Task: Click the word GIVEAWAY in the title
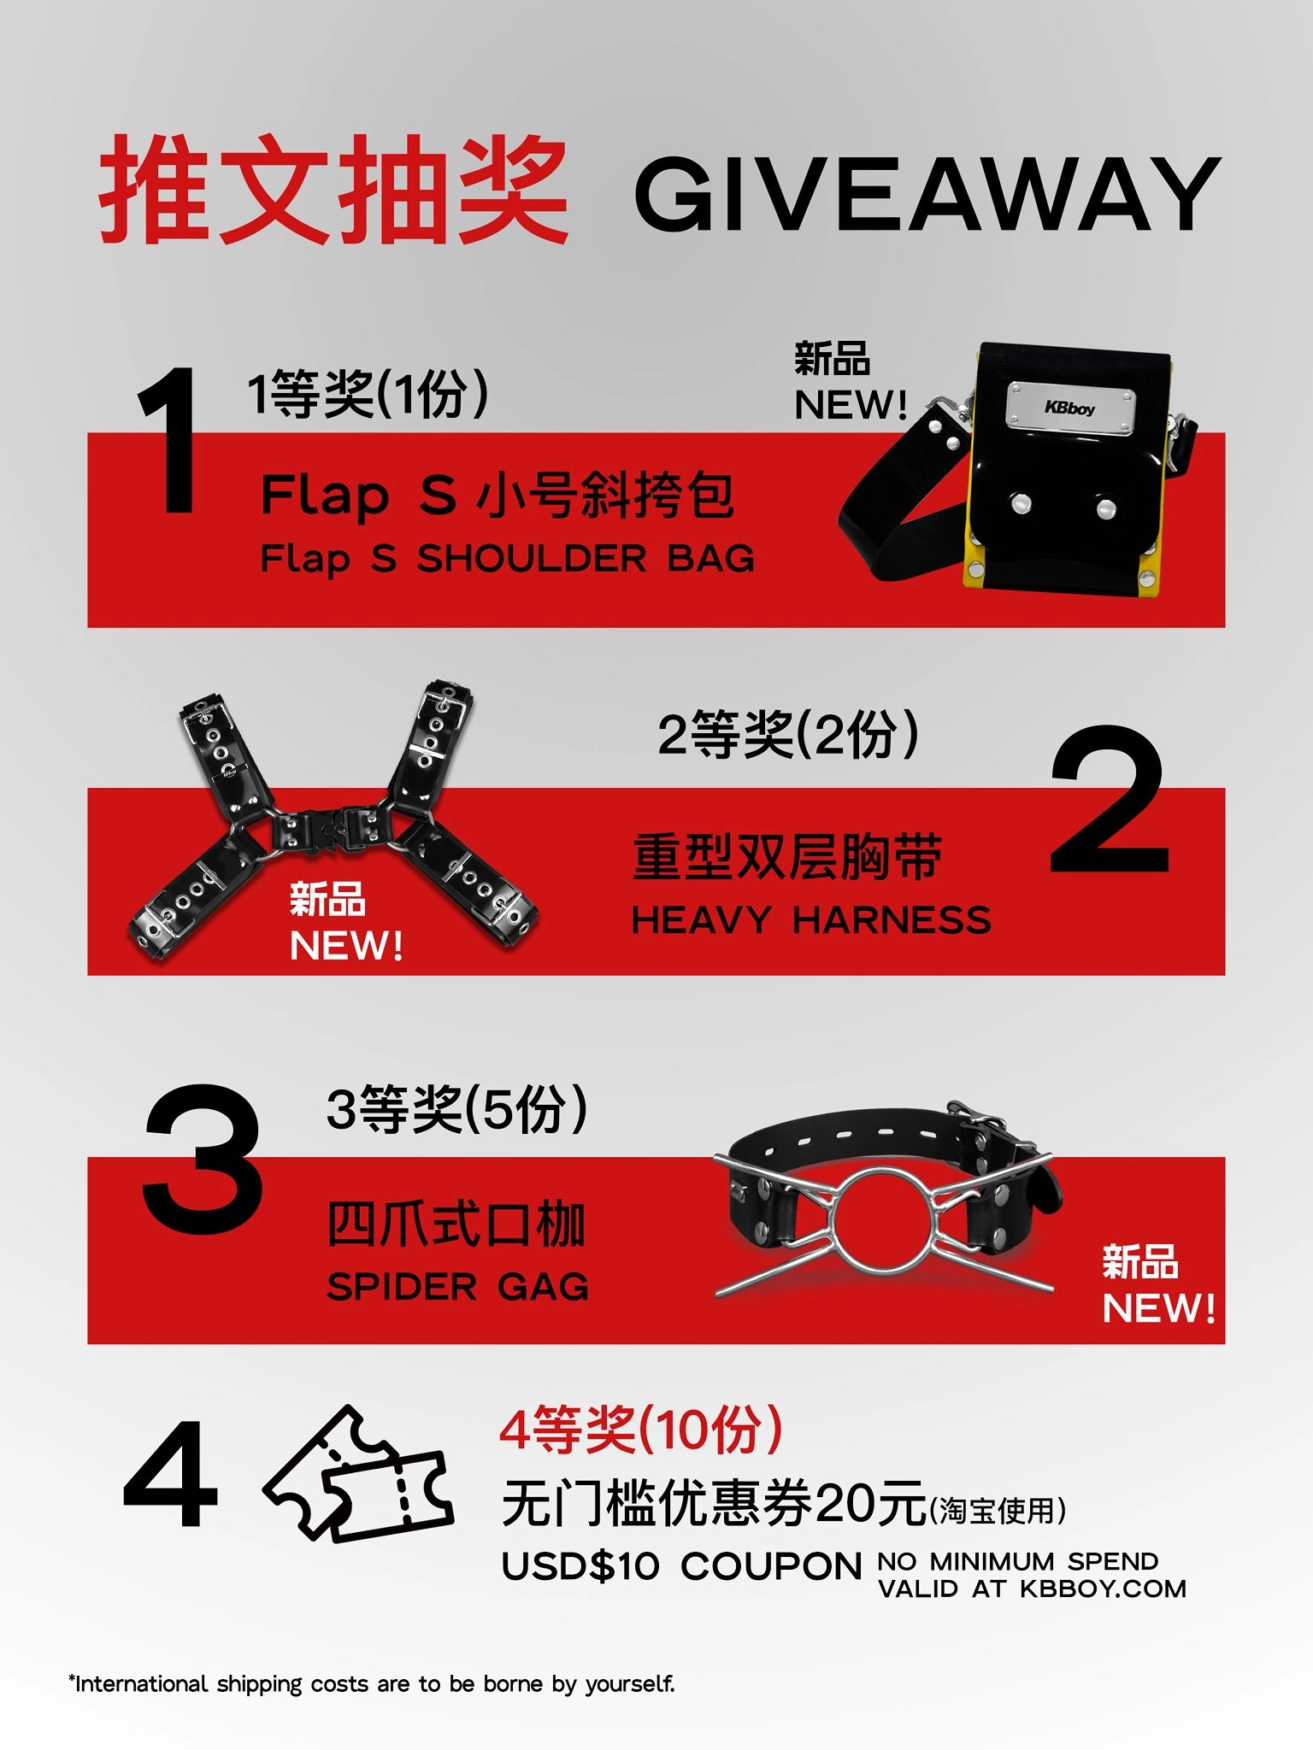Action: [927, 194]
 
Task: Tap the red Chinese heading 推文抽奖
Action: [333, 190]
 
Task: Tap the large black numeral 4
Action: [170, 1476]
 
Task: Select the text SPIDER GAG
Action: [457, 1286]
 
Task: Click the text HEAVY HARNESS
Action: [811, 920]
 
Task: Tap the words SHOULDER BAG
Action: [586, 559]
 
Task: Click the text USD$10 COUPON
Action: [681, 1565]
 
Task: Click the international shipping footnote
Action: [372, 1683]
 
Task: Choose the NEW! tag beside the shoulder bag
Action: [851, 404]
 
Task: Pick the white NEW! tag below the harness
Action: [346, 945]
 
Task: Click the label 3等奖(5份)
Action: [457, 1109]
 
